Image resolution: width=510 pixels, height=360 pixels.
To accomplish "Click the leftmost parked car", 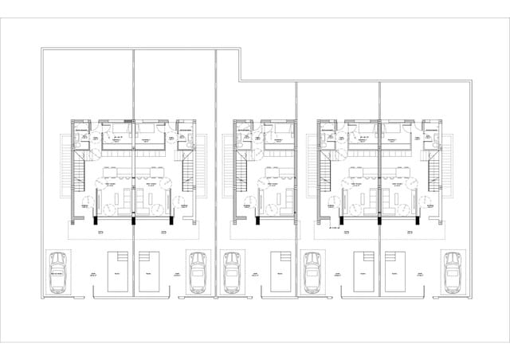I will point(57,271).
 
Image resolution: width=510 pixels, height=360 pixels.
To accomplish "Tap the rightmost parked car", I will point(452,271).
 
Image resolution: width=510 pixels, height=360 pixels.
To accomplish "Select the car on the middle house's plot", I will point(232,271).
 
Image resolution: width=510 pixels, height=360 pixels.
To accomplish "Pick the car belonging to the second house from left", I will point(197,271).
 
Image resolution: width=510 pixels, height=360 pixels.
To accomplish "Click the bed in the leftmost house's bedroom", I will point(119,131).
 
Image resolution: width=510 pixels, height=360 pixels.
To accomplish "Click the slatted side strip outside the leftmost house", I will point(65,167).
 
